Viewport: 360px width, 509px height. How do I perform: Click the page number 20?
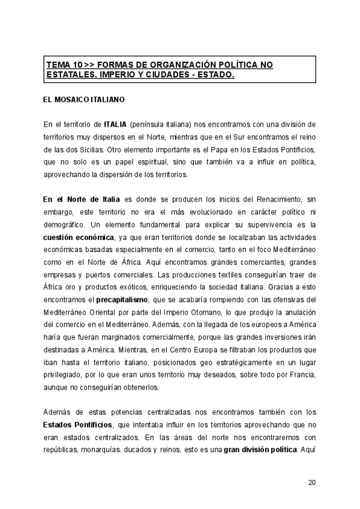[311, 482]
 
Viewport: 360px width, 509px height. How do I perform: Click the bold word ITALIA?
[115, 124]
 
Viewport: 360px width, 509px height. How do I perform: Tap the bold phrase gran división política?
[261, 449]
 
